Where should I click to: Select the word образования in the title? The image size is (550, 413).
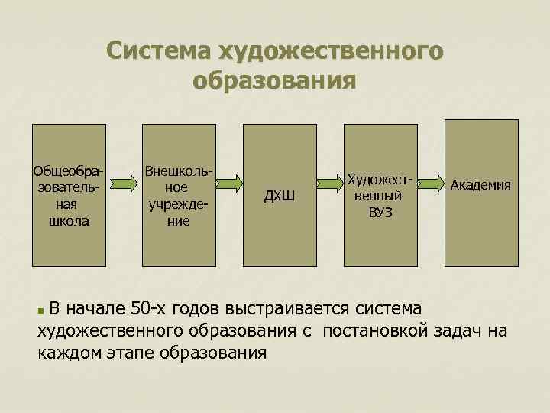(x=275, y=80)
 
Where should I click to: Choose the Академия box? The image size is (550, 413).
(x=481, y=229)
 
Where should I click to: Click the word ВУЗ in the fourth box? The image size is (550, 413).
(x=380, y=211)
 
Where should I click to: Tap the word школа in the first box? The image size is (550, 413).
(x=67, y=221)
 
